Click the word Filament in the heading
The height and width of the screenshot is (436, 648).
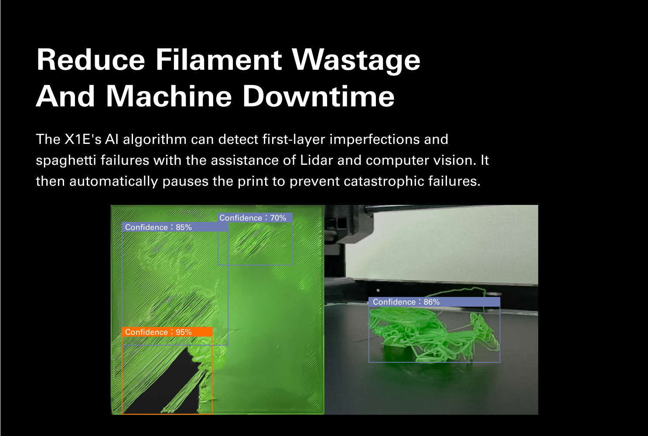pyautogui.click(x=219, y=60)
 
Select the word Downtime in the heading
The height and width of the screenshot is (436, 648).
pyautogui.click(x=318, y=96)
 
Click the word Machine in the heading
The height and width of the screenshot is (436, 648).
pyautogui.click(x=169, y=96)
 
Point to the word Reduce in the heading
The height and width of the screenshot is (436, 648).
pyautogui.click(x=91, y=60)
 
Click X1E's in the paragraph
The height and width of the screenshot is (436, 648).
pyautogui.click(x=83, y=140)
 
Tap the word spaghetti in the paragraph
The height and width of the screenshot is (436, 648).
pyautogui.click(x=66, y=161)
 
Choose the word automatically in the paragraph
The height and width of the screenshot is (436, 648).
pyautogui.click(x=114, y=182)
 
